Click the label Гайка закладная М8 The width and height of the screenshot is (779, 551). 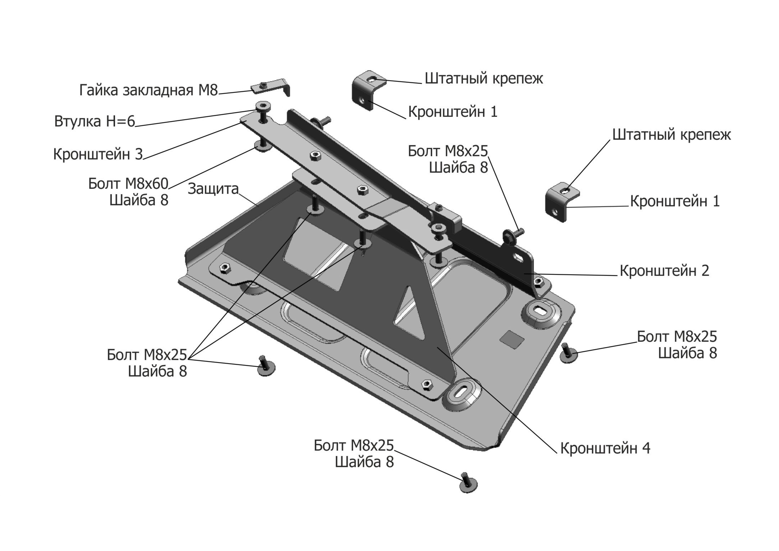tap(148, 90)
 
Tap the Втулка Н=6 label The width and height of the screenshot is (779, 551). tap(95, 122)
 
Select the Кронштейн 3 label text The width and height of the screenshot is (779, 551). tap(98, 154)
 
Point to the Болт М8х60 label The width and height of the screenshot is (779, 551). tap(128, 184)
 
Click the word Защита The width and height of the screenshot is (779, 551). tap(213, 189)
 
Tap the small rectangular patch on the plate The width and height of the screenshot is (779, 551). tap(512, 339)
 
